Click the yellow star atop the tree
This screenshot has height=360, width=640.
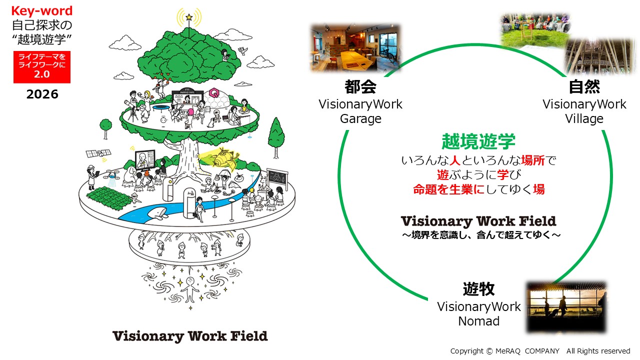189,17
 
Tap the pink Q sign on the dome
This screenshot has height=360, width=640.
214,93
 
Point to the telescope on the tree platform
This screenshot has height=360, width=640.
132,107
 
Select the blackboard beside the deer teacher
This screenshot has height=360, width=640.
276,177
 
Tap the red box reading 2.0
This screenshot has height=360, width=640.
42,67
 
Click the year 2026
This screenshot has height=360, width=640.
42,94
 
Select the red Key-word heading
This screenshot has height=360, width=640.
42,11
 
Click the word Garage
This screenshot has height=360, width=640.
360,119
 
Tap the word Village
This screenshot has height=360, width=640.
584,119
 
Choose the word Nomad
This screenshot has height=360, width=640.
478,321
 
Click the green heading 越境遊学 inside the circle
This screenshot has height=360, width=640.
478,142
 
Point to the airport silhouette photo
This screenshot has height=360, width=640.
566,307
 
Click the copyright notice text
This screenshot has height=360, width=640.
540,351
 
